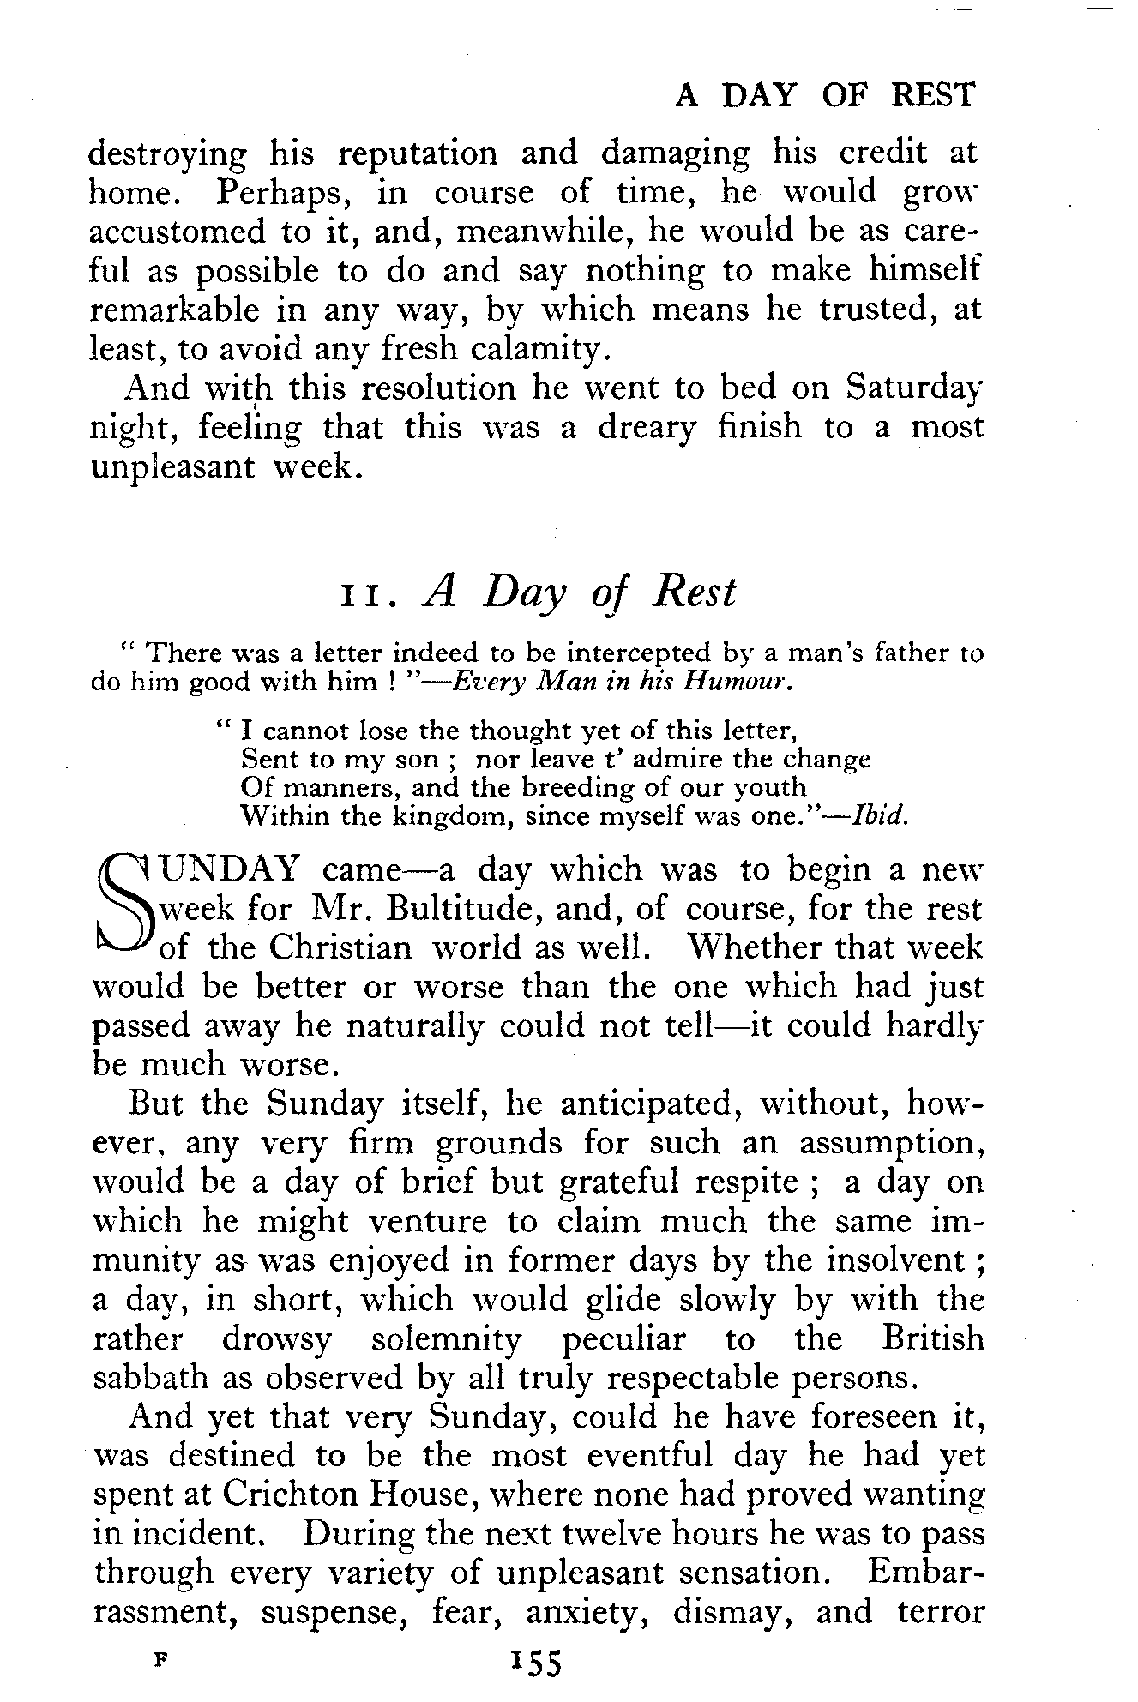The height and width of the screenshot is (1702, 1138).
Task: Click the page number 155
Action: [534, 1663]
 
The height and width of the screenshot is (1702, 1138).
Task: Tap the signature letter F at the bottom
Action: [160, 1659]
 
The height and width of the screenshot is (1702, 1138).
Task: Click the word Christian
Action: [340, 947]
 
